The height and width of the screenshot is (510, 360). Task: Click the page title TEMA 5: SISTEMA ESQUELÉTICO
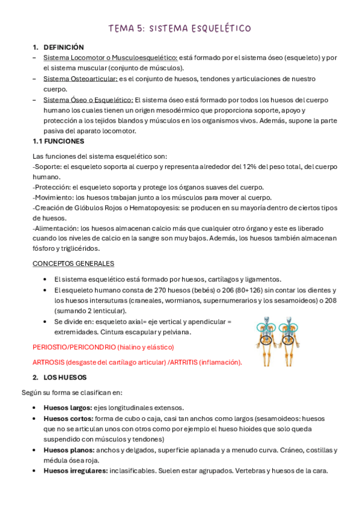[180, 28]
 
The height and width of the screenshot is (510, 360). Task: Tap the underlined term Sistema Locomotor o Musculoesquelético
[110, 58]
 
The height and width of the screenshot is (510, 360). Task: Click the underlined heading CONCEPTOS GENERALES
[73, 263]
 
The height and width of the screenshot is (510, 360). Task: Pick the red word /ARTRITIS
[178, 362]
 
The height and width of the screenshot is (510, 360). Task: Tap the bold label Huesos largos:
[67, 407]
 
